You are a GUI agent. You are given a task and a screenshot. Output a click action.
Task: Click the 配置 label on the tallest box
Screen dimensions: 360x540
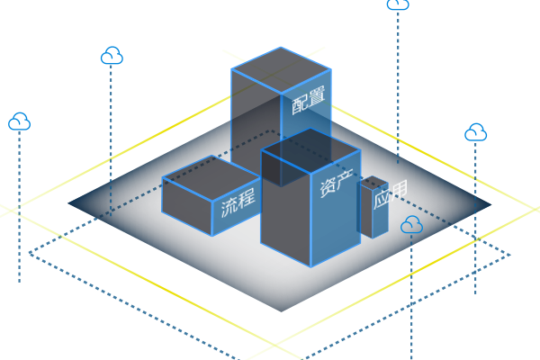(x=308, y=101)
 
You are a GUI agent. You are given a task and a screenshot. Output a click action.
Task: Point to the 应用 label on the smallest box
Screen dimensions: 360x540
(x=390, y=193)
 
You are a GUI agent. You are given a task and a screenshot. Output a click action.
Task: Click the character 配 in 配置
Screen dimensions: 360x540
(x=300, y=104)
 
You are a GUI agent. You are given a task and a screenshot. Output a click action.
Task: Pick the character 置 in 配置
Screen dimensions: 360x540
(x=316, y=97)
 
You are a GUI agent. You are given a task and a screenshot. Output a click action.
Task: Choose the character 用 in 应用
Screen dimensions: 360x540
(x=398, y=189)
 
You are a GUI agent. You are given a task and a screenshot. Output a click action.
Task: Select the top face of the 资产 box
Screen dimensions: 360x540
(x=310, y=147)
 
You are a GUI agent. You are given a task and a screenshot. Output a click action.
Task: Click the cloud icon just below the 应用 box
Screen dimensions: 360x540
(x=411, y=224)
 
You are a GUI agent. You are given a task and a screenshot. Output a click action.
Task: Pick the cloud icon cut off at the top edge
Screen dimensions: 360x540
(x=398, y=4)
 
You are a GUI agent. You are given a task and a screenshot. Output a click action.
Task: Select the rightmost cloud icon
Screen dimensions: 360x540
(x=476, y=133)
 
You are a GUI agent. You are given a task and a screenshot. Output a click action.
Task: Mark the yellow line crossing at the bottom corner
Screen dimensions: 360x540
(x=274, y=345)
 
